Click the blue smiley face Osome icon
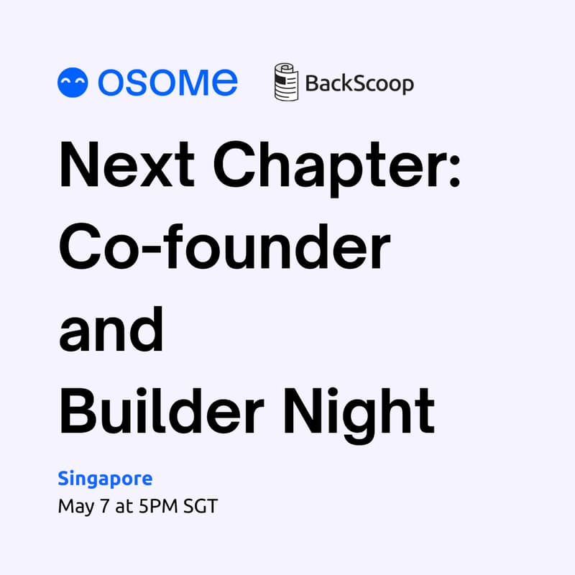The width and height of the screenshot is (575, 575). (x=73, y=83)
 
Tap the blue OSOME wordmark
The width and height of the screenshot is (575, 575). (x=167, y=83)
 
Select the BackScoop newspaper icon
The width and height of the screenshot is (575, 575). (x=286, y=83)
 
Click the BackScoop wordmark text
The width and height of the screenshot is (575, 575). (x=359, y=83)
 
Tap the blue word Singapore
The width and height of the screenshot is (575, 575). (x=105, y=478)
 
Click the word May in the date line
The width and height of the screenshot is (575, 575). (x=75, y=507)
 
